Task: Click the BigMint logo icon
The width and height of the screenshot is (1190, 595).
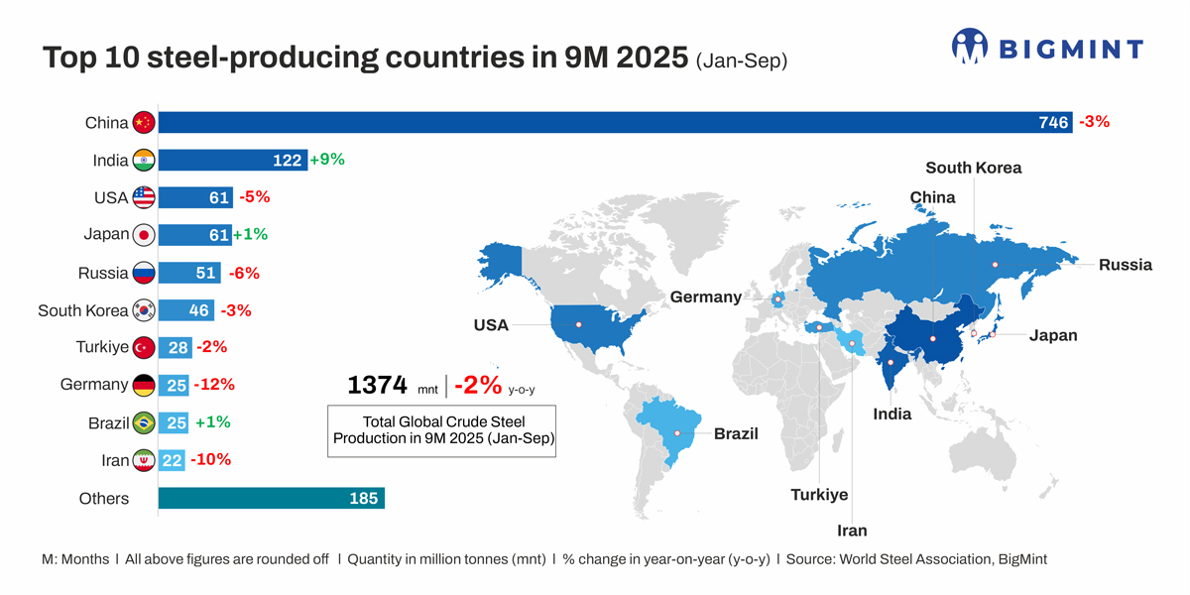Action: coord(970,47)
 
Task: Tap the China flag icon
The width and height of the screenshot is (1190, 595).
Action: coord(144,123)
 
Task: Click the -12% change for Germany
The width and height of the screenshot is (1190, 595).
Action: coord(214,385)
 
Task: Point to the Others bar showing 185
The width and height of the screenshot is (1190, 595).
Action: coord(271,498)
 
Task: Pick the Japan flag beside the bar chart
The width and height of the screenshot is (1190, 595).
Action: coord(144,235)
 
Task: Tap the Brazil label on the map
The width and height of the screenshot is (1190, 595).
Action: coord(736,433)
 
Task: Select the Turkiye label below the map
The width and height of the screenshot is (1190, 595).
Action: coord(819,495)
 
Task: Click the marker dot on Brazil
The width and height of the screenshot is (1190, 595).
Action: coord(677,433)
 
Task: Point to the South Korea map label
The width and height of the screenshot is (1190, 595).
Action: coord(973,168)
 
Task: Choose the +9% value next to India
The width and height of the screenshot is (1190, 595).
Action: coord(327,160)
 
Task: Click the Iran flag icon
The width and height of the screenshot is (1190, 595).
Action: coord(144,460)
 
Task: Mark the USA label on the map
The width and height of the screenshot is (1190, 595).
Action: coord(491,325)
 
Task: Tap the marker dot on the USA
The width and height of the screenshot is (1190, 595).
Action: coord(578,325)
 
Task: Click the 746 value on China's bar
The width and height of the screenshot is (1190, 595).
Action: coord(1053,123)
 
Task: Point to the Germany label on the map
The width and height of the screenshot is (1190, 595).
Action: coord(705,297)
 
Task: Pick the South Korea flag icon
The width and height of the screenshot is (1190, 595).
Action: coord(144,310)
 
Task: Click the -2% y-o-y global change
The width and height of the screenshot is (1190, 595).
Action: coord(478,385)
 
